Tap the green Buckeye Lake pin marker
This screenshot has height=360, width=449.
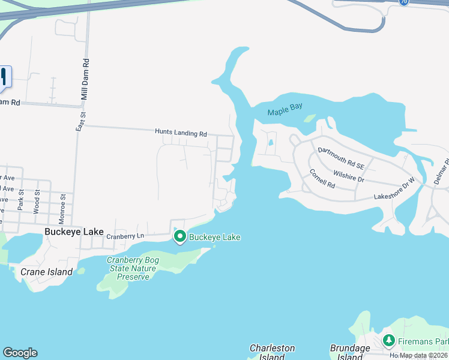click(x=179, y=238)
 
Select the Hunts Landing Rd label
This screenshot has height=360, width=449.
click(x=181, y=133)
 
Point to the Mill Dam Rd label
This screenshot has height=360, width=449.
click(x=86, y=79)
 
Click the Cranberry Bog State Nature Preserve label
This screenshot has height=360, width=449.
click(x=131, y=268)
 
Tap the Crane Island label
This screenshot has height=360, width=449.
click(x=47, y=272)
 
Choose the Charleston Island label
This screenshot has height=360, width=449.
click(x=272, y=352)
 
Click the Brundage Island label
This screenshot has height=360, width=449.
click(x=350, y=352)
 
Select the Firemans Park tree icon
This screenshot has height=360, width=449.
click(x=389, y=341)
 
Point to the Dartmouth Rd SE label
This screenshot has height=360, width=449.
click(x=341, y=157)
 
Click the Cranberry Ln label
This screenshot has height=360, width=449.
click(x=125, y=236)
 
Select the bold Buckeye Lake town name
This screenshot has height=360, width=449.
click(x=74, y=232)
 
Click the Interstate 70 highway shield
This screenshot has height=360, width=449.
click(x=403, y=2)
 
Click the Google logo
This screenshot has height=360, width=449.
click(x=20, y=353)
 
